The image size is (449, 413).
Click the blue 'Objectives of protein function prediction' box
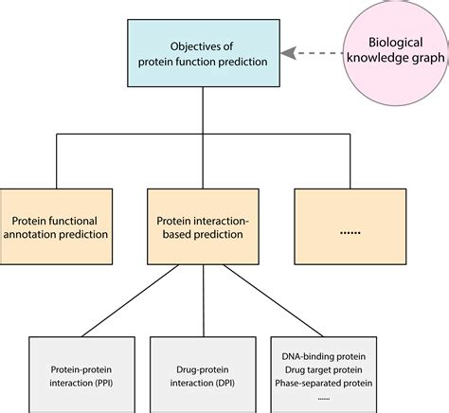(204, 53)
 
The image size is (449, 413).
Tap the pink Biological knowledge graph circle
(396, 52)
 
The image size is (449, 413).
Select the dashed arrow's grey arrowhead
(288, 53)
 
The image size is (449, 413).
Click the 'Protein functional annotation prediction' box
(56, 226)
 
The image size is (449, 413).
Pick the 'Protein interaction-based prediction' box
(203, 226)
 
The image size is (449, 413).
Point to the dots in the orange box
(350, 233)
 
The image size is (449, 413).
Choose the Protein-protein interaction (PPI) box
(81, 375)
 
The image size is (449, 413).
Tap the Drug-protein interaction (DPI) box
(203, 375)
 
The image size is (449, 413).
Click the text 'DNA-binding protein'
(324, 356)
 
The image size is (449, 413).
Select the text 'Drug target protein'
(324, 369)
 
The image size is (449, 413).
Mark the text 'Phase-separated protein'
(324, 383)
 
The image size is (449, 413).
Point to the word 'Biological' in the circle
(396, 43)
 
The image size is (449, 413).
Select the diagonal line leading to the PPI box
(130, 300)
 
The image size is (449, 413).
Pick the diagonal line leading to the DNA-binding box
(274, 300)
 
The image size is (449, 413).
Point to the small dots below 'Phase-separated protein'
(324, 399)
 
